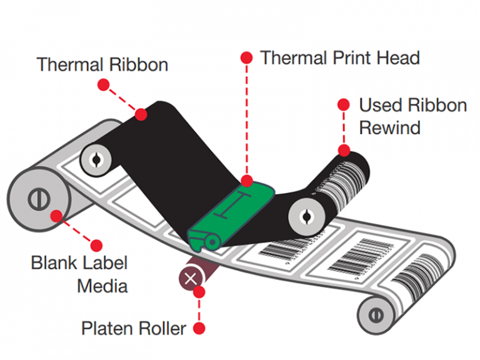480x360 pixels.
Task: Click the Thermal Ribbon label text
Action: tap(102, 64)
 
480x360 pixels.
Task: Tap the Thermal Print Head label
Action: tap(339, 58)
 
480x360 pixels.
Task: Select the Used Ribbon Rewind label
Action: tap(412, 116)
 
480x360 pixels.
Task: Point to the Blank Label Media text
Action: tap(79, 274)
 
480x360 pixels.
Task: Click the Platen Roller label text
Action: tap(134, 328)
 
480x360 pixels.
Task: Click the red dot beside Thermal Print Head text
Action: tap(246, 58)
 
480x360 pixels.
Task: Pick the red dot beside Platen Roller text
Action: tap(199, 327)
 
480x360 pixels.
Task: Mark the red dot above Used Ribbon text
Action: tap(343, 105)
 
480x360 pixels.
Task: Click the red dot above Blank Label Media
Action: tap(97, 243)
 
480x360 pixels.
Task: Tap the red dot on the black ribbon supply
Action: tap(141, 114)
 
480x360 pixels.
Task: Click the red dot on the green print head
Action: tap(247, 182)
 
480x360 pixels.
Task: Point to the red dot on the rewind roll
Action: tap(344, 150)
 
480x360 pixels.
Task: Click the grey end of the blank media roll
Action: tap(37, 200)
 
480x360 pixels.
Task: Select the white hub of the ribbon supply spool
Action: tap(96, 159)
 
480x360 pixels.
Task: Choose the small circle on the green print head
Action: tap(212, 241)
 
